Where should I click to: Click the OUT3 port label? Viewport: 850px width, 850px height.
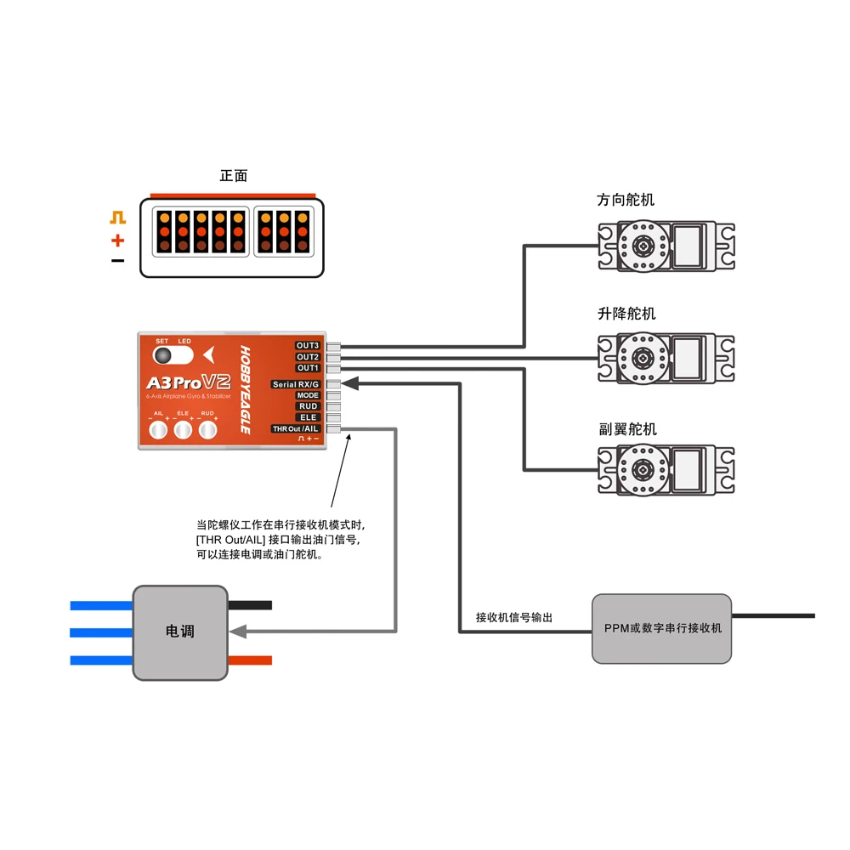click(x=307, y=345)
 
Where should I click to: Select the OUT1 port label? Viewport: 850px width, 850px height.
click(x=307, y=368)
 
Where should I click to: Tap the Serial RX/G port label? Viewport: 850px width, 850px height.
click(x=296, y=384)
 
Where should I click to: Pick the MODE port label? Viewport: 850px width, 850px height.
click(x=307, y=395)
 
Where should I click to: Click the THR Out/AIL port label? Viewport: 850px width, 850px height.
click(x=295, y=428)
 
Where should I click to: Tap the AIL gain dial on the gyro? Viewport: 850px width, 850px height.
click(x=157, y=431)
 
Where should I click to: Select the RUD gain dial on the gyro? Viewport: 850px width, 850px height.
click(x=207, y=431)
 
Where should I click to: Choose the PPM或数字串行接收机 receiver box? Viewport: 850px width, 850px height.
click(x=662, y=628)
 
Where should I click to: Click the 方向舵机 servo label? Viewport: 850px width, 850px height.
click(x=626, y=201)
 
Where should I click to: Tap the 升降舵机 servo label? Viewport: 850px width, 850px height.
click(x=626, y=314)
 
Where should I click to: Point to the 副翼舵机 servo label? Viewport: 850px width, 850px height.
click(x=626, y=429)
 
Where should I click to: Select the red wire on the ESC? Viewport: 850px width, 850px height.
click(x=250, y=660)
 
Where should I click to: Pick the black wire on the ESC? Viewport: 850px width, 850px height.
click(x=250, y=605)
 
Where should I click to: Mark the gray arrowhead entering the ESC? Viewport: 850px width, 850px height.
click(x=238, y=632)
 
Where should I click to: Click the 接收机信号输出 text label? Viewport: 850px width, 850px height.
click(x=513, y=617)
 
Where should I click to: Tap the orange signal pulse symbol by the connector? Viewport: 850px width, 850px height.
click(x=117, y=218)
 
